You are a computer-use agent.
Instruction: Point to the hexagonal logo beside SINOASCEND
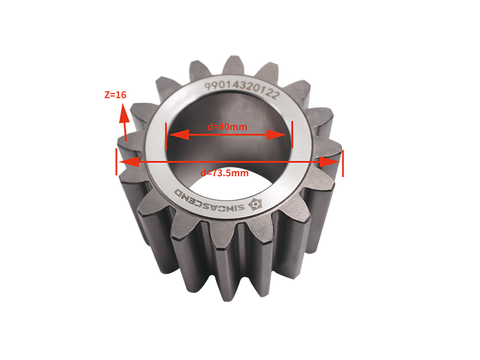pos(257,204)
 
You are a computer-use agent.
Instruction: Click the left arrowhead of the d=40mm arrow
pos(172,136)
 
